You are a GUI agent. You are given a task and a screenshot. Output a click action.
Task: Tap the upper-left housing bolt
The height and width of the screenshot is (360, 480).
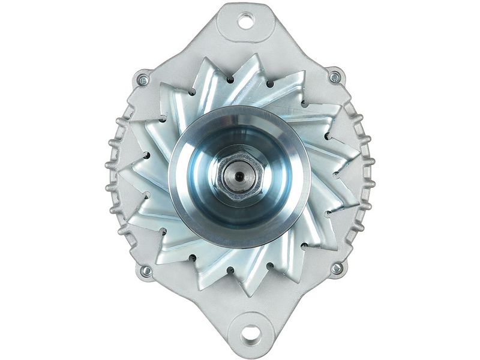[143, 79]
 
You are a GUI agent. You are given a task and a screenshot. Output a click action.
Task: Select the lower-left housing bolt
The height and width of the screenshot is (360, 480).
[145, 271]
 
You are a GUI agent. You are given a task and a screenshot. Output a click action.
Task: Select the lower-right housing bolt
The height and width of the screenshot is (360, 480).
[337, 268]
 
